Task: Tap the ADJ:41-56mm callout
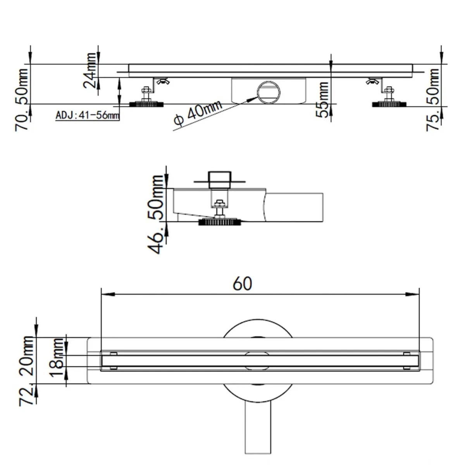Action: tap(87, 115)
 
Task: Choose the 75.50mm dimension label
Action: tap(433, 100)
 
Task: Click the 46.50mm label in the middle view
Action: tap(157, 214)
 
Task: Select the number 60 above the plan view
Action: tap(243, 284)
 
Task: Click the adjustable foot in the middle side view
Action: tap(220, 219)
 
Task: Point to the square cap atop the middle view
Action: tap(219, 179)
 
